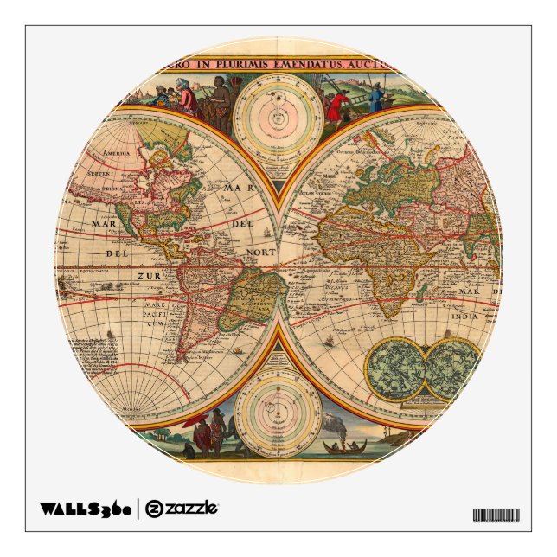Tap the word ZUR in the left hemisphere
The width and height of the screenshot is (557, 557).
point(147,276)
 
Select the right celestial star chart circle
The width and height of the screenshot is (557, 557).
point(452,368)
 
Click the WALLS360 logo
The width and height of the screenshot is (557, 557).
point(85,509)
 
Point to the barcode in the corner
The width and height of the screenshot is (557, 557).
point(496,515)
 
